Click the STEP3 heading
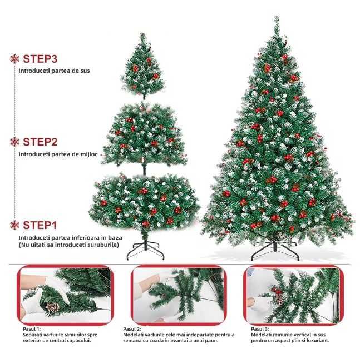coord(40,59)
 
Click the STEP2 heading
coord(40,142)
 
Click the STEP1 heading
coord(40,225)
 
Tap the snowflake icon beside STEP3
coord(14,59)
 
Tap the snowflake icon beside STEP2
coord(14,142)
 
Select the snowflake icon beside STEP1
coord(14,225)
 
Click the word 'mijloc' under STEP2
coord(89,154)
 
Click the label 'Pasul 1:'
coord(32,329)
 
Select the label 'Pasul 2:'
coord(132,329)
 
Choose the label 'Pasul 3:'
coord(260,329)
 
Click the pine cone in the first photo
coord(52,307)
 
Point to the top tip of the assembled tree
coord(277,16)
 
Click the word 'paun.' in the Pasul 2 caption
coord(213,341)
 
